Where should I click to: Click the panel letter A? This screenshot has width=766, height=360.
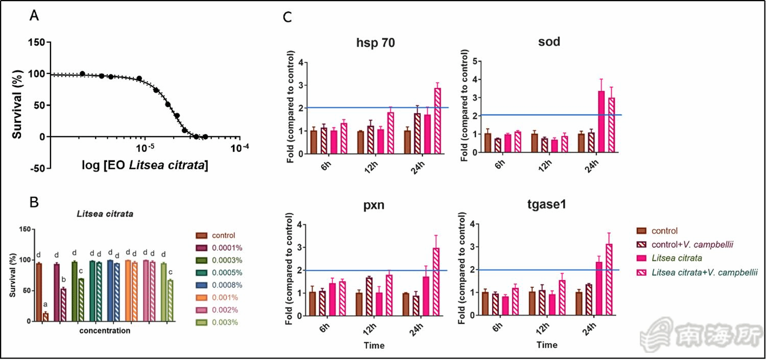[x=34, y=16]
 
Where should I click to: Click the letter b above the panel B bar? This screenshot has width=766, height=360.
[x=64, y=279]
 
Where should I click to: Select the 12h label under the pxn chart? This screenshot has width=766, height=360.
[x=371, y=325]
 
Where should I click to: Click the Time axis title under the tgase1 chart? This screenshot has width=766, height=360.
[x=547, y=345]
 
